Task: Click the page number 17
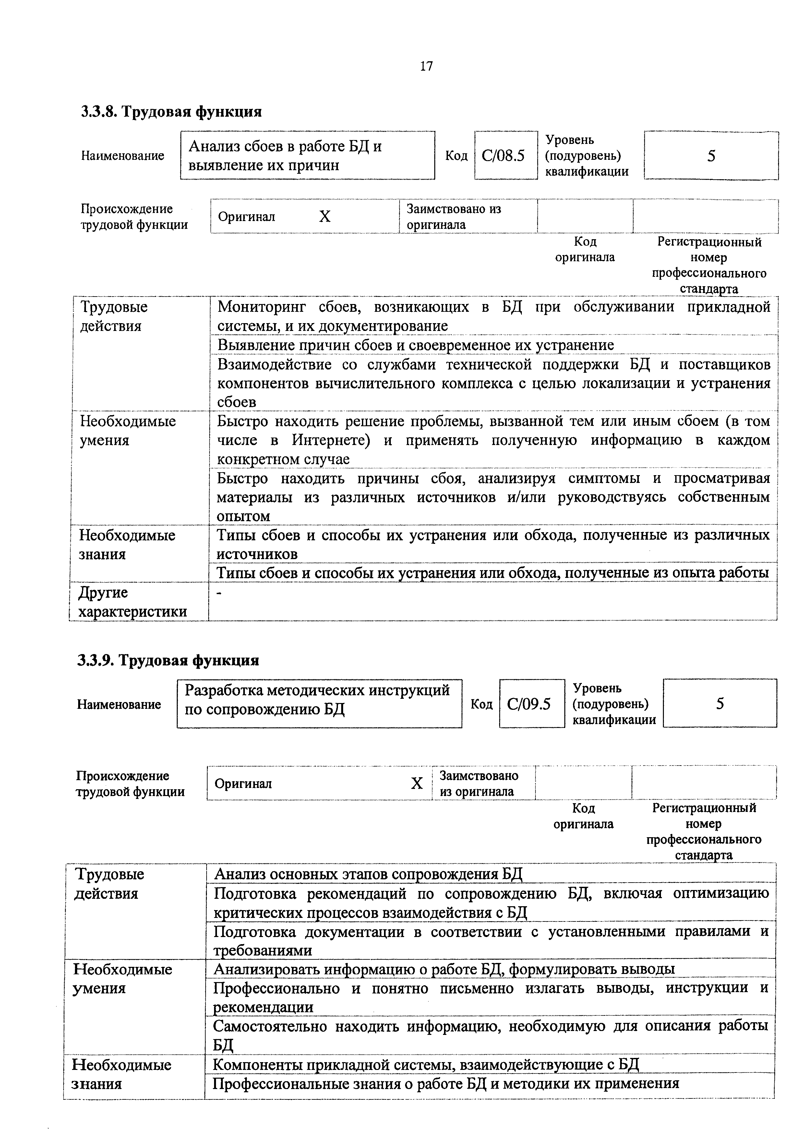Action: point(426,66)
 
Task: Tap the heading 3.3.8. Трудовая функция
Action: point(171,112)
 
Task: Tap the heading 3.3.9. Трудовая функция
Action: point(168,660)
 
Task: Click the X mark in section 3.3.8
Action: point(324,217)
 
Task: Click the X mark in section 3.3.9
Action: point(417,783)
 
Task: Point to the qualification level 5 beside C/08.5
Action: point(711,156)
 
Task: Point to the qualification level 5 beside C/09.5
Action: point(720,703)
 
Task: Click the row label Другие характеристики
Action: point(133,602)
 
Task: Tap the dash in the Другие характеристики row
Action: point(221,593)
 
